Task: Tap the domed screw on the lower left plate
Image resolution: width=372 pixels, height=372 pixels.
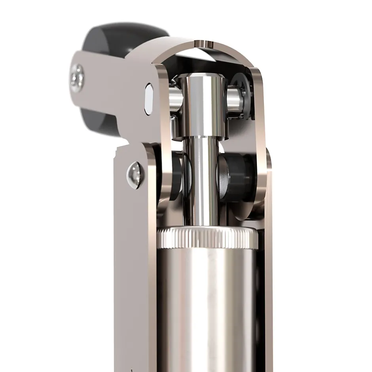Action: pyautogui.click(x=135, y=174)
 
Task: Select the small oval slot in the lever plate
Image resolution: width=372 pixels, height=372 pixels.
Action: pyautogui.click(x=149, y=99)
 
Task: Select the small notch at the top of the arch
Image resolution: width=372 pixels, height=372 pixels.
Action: pyautogui.click(x=206, y=44)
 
